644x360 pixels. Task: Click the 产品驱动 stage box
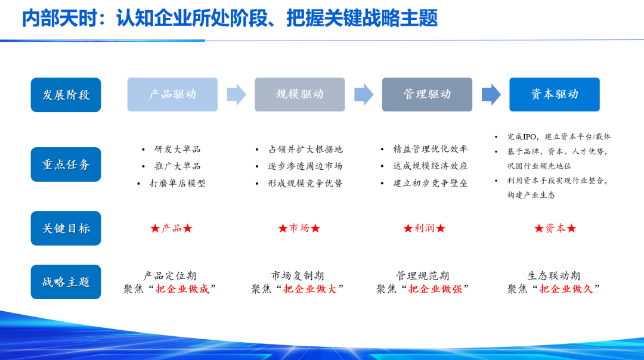click(172, 94)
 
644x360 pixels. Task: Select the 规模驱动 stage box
click(299, 94)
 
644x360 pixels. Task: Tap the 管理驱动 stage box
click(427, 94)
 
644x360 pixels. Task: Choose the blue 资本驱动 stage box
click(554, 94)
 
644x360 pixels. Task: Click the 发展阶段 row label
click(66, 95)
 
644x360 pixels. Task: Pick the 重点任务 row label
click(66, 165)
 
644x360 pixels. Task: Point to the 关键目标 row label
click(66, 228)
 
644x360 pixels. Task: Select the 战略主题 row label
click(66, 282)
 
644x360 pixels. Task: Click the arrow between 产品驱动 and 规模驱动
click(236, 94)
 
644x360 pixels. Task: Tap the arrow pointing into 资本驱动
click(491, 94)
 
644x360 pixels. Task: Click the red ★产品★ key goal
click(171, 228)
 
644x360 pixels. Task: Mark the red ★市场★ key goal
click(299, 228)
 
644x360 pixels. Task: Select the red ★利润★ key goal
click(424, 228)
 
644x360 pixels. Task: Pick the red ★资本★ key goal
click(555, 228)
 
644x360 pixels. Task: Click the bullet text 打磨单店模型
click(177, 184)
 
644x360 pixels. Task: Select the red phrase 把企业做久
click(566, 289)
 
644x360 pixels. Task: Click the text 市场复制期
click(298, 275)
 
